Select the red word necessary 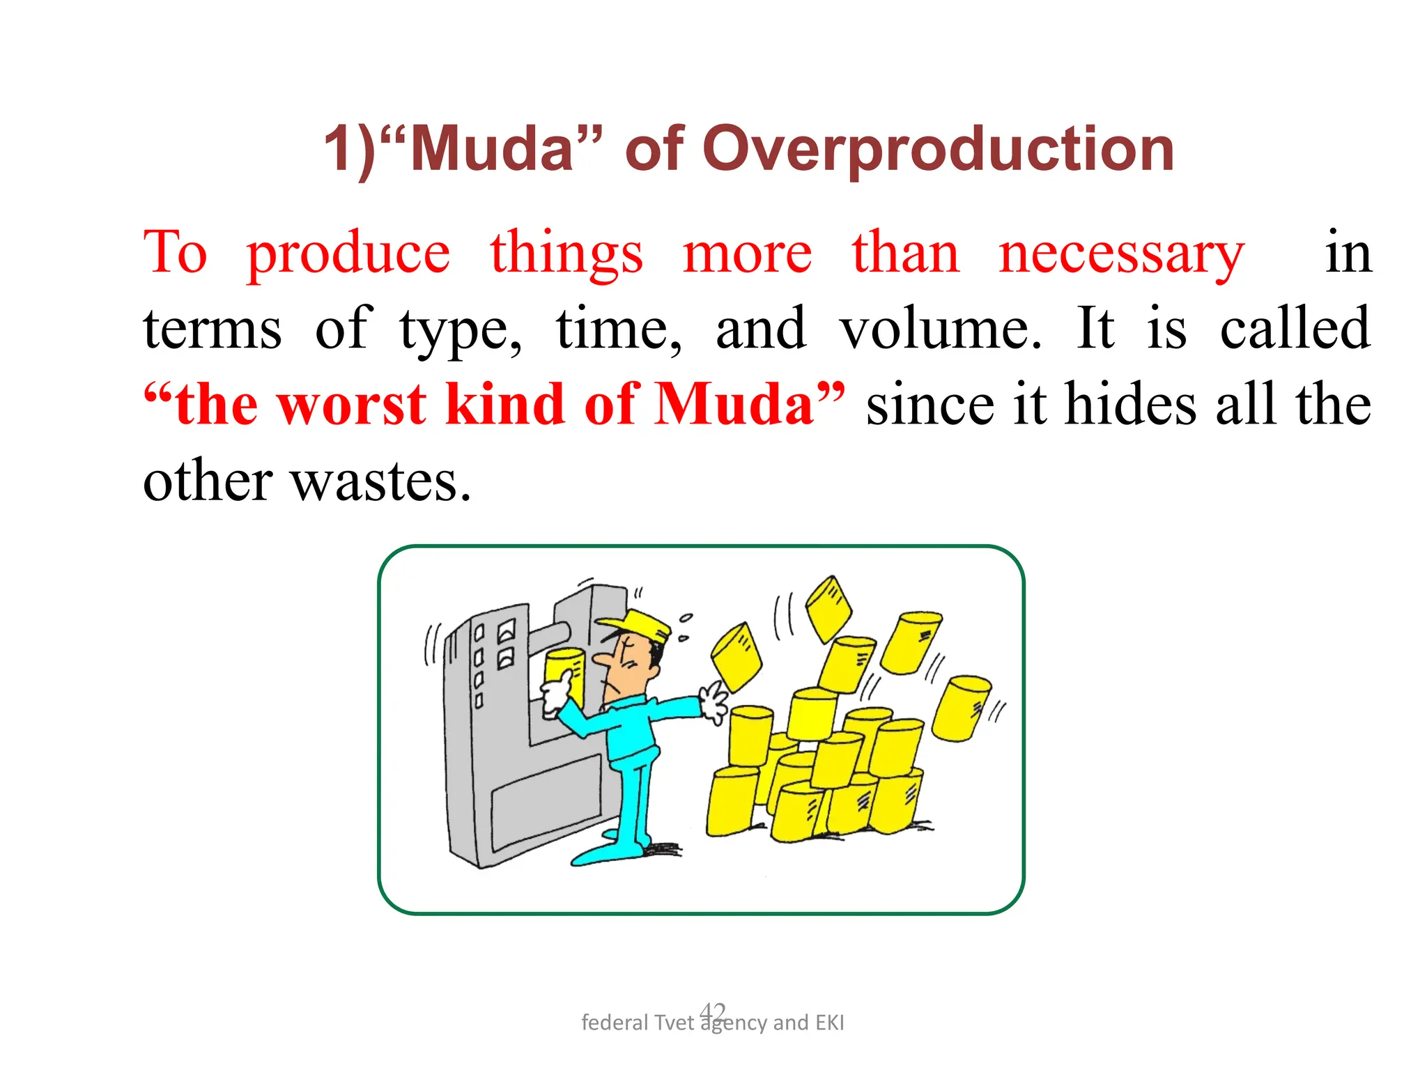[1120, 254]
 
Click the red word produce [348, 254]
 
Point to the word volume [940, 329]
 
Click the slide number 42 [713, 1010]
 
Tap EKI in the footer [829, 1023]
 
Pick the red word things [566, 254]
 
